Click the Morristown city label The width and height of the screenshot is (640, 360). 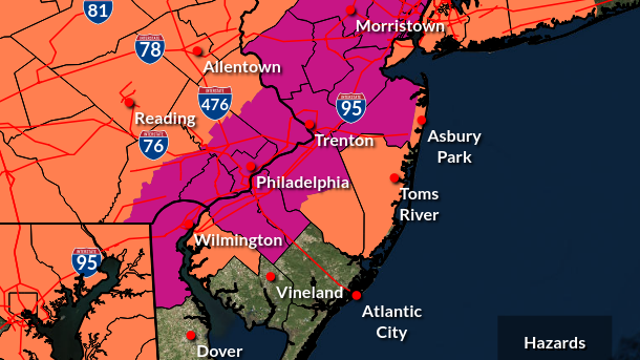pyautogui.click(x=399, y=26)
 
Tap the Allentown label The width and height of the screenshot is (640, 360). pyautogui.click(x=242, y=67)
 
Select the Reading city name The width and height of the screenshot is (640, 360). pyautogui.click(x=165, y=118)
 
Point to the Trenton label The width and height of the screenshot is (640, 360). pyautogui.click(x=344, y=141)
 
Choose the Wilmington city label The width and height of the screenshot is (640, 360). pyautogui.click(x=238, y=241)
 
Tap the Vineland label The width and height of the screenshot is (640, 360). pyautogui.click(x=303, y=294)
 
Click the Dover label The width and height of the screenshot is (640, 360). pyautogui.click(x=219, y=351)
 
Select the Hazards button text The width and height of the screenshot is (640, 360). pyautogui.click(x=555, y=343)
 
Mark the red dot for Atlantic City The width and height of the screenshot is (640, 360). pyautogui.click(x=355, y=295)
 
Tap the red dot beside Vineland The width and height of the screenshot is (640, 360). pyautogui.click(x=270, y=276)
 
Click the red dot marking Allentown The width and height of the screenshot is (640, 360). pyautogui.click(x=199, y=50)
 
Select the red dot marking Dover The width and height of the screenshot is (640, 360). pyautogui.click(x=191, y=335)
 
